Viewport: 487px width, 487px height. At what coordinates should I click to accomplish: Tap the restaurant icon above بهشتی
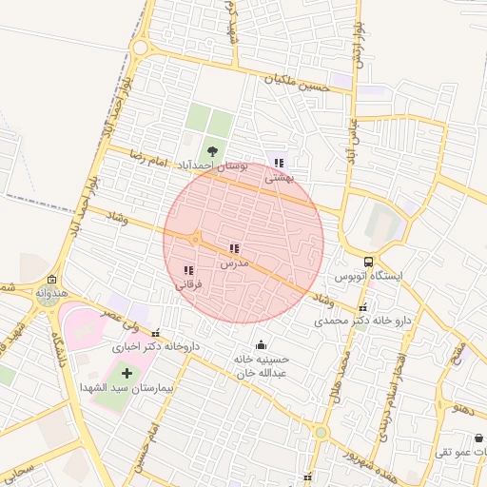tap(279, 163)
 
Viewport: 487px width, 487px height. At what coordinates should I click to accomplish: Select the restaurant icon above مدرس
tap(234, 248)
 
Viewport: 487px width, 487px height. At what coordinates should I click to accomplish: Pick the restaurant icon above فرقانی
tap(187, 271)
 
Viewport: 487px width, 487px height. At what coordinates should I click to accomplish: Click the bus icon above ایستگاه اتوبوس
tap(368, 262)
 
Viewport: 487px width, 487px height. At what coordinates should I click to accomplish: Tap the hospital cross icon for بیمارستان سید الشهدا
tap(127, 371)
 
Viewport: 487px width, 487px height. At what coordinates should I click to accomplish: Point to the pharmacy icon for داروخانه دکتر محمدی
tap(364, 307)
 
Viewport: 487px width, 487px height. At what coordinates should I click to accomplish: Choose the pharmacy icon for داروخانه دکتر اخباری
tap(157, 334)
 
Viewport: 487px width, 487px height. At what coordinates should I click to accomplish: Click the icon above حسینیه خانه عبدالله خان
tap(262, 345)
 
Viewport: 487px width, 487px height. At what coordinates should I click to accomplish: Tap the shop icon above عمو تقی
tap(477, 438)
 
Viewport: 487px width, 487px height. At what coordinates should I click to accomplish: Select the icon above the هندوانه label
tap(50, 280)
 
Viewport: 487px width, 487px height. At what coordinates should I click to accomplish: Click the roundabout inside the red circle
tap(195, 239)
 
